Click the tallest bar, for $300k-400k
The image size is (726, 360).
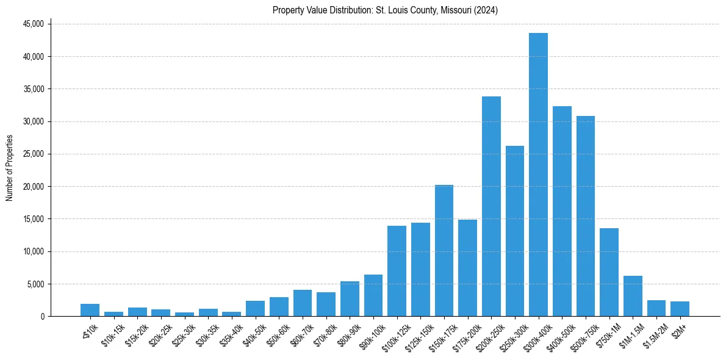click(x=538, y=175)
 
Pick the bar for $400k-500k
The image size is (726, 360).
click(x=562, y=211)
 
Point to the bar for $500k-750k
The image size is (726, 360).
click(x=586, y=216)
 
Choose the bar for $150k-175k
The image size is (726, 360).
click(x=444, y=250)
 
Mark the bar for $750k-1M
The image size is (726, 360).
click(x=609, y=272)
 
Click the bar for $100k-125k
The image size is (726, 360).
click(x=397, y=271)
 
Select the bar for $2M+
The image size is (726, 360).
click(x=680, y=309)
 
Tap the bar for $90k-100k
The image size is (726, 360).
click(x=373, y=295)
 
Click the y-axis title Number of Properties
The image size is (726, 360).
click(x=9, y=168)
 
